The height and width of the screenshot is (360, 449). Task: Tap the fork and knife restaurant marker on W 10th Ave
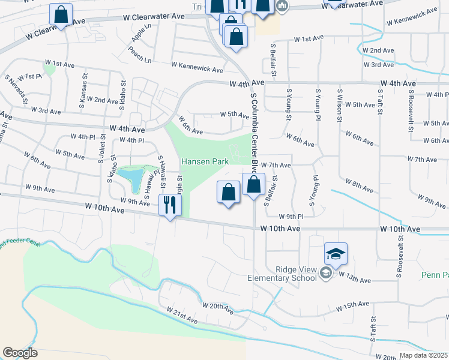pyautogui.click(x=170, y=205)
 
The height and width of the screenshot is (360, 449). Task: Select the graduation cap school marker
pyautogui.click(x=336, y=253)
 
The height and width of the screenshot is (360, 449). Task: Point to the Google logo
pyautogui.click(x=20, y=353)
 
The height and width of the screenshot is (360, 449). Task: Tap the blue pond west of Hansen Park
pyautogui.click(x=131, y=176)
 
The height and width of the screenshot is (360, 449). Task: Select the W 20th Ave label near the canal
pyautogui.click(x=218, y=308)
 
